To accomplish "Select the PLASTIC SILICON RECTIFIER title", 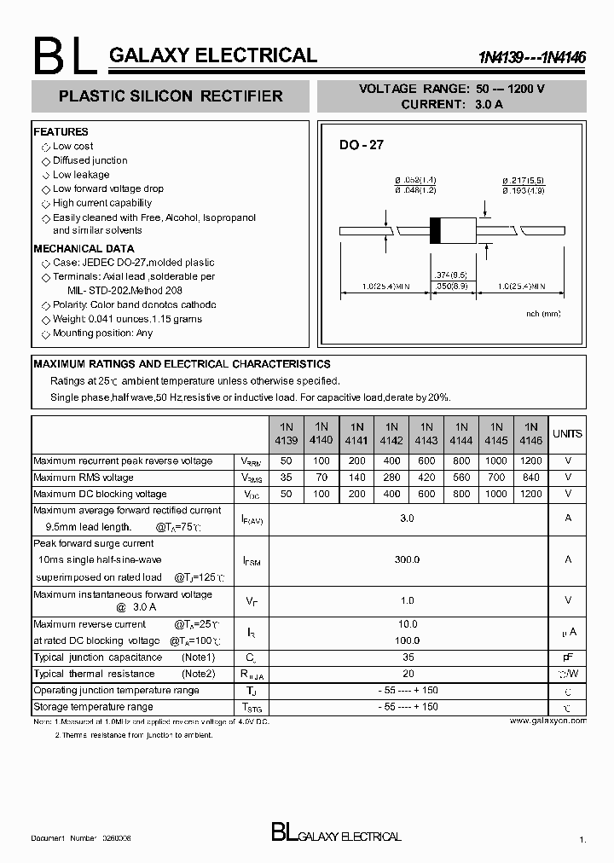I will click(x=171, y=97).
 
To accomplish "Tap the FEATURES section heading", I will click(x=61, y=132).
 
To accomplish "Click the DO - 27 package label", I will click(x=362, y=146).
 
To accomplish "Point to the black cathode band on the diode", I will click(x=435, y=231).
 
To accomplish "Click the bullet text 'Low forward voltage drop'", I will click(x=107, y=189).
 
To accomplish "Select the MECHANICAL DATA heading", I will click(x=84, y=249).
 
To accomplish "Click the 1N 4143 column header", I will click(x=426, y=434).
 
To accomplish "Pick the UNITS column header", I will click(x=567, y=434).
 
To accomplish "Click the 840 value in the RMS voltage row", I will click(x=530, y=478).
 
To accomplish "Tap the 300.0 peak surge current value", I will click(x=408, y=559).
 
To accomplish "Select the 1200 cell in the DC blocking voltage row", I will click(x=530, y=495).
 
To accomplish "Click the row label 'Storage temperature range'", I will click(x=93, y=707).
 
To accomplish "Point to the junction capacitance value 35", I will click(x=408, y=658).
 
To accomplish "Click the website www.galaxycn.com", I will click(x=547, y=721).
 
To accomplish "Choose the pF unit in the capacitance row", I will click(x=567, y=658).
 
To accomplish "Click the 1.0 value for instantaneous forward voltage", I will click(x=408, y=601).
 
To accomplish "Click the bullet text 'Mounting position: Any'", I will click(x=102, y=333).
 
